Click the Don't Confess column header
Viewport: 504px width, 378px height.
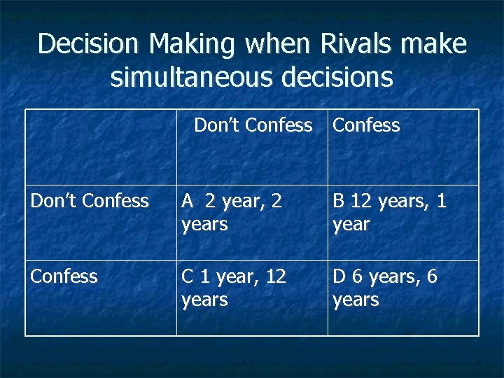click(x=253, y=125)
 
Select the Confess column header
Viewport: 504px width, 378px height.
click(x=366, y=125)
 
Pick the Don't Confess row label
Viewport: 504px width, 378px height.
click(x=90, y=202)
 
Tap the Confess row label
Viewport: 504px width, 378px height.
click(x=64, y=276)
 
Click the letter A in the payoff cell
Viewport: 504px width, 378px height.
click(x=188, y=202)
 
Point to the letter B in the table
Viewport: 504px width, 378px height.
click(x=339, y=202)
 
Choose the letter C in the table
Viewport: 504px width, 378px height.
click(x=188, y=276)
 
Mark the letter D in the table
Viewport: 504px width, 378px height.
click(x=339, y=276)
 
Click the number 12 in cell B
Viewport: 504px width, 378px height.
click(x=362, y=202)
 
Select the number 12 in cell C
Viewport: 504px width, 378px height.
click(x=276, y=276)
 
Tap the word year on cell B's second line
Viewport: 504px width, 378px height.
click(x=351, y=225)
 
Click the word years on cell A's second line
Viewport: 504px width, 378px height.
click(x=204, y=225)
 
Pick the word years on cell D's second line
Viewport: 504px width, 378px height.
click(x=356, y=300)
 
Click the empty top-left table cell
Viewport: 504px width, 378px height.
click(x=101, y=146)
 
